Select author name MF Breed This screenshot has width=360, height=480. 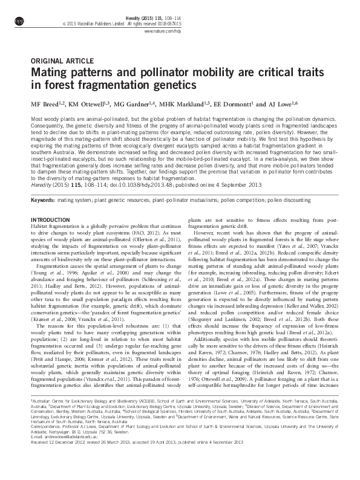(47, 103)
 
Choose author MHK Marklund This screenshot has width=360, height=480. (181, 103)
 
